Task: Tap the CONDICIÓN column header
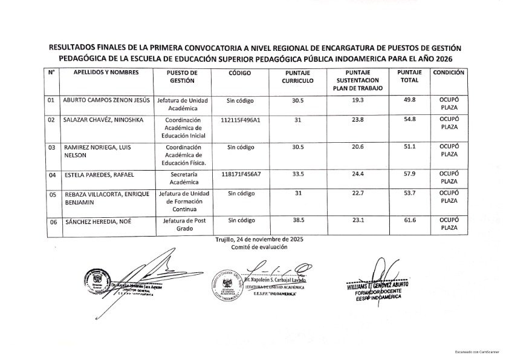(x=449, y=73)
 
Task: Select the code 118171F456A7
(x=241, y=175)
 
